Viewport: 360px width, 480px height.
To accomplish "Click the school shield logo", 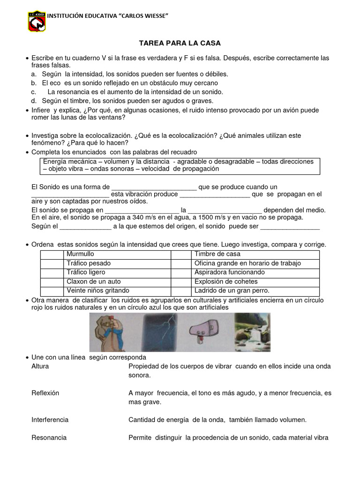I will click(x=37, y=21).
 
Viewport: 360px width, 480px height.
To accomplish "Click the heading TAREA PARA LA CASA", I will click(x=180, y=43).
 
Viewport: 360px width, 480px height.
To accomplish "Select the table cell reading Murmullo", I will click(x=80, y=254).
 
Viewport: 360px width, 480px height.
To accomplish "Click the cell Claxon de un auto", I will click(x=93, y=282).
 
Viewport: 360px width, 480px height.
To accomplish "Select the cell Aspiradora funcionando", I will click(x=229, y=272).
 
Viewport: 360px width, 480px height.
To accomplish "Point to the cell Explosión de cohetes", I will click(x=226, y=282).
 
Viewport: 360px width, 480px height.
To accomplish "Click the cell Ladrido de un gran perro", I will click(x=232, y=291).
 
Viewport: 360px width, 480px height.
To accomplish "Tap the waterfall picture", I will click(x=252, y=332).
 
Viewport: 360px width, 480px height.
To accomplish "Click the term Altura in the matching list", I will click(x=40, y=366).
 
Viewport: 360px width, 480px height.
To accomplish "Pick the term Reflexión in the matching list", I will click(x=44, y=393).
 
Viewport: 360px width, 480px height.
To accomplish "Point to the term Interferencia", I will click(x=50, y=420).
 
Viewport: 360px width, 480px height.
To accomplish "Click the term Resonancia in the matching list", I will click(x=49, y=437).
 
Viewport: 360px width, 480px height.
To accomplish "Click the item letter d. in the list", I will click(x=34, y=101).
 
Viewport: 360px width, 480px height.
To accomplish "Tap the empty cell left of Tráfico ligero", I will click(x=52, y=272).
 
